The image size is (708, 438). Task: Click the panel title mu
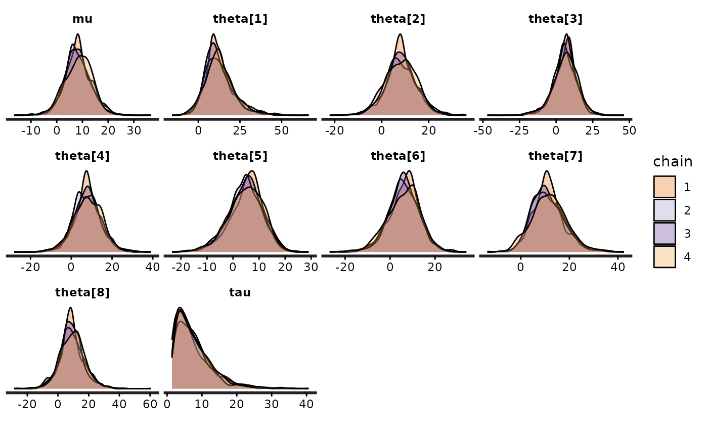82,19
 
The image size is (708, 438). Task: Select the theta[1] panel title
240,19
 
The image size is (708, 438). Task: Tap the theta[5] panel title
240,156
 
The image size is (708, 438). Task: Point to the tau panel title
240,293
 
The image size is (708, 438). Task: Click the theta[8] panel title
82,293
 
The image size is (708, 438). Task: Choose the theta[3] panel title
555,19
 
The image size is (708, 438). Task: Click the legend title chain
673,161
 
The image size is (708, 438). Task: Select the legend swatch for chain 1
664,187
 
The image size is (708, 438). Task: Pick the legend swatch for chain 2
664,210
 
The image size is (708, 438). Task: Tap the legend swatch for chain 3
664,234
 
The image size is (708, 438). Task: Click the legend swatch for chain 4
664,257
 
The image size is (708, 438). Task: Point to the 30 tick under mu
134,130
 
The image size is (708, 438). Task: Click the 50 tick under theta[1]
282,130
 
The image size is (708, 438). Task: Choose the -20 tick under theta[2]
335,130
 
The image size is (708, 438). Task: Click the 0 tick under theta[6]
390,267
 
